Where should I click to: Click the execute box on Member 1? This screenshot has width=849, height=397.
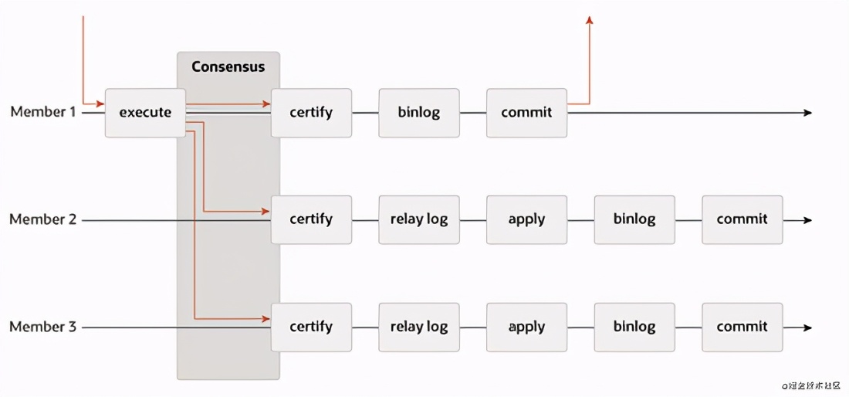pos(145,113)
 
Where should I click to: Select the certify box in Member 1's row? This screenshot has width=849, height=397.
pos(311,113)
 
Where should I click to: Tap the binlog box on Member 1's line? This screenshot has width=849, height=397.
pos(419,113)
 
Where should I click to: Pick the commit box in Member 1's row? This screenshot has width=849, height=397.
pos(526,113)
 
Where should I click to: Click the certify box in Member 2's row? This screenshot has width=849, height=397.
pos(311,219)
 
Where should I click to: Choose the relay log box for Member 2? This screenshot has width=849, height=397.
pos(419,219)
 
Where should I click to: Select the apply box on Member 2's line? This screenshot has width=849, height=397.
pos(526,219)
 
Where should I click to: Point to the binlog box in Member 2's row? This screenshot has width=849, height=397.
pos(634,219)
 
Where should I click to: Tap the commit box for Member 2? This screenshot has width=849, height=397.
pos(742,219)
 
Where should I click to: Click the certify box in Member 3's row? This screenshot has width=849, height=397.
pos(311,327)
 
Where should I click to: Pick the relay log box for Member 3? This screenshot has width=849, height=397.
pos(419,327)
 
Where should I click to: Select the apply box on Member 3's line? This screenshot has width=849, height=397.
pos(526,327)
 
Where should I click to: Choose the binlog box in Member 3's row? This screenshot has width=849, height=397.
pos(634,327)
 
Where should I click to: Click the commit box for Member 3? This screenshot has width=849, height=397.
pos(742,327)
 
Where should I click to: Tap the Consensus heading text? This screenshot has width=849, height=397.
pos(228,66)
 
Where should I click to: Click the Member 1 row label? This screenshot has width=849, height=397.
pos(43,112)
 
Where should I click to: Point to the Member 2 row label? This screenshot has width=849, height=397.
pos(43,219)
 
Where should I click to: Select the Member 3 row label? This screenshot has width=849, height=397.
pos(43,327)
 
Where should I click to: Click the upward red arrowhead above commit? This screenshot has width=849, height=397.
pos(590,20)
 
